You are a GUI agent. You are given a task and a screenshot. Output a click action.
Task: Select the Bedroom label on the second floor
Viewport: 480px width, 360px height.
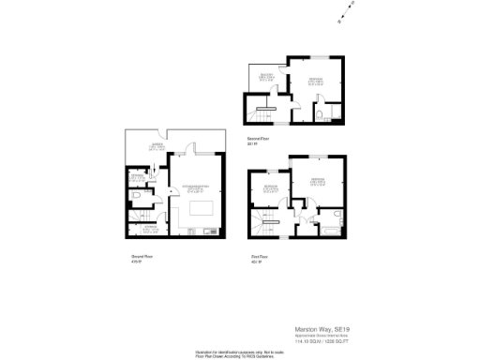pos(316,81)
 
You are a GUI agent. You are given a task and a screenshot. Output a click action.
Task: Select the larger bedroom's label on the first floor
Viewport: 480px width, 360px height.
pos(318,179)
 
